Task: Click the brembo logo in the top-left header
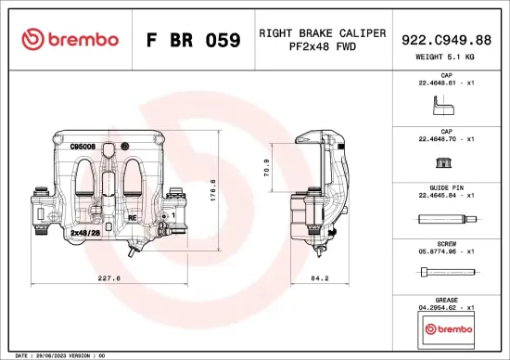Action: click(70, 39)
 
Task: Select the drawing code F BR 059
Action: click(194, 40)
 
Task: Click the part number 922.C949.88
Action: click(448, 39)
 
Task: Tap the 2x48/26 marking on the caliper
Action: click(85, 234)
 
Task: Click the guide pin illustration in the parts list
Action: click(447, 220)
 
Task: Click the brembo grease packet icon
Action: click(447, 328)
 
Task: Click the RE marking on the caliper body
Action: click(132, 217)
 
